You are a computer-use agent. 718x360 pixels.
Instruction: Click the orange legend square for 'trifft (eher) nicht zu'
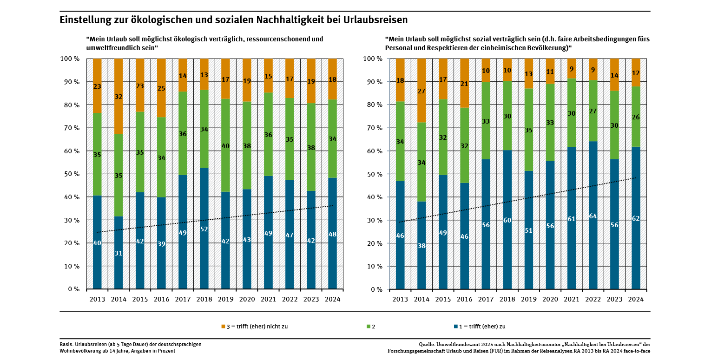point(223,327)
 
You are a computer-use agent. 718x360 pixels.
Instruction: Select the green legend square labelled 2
point(368,327)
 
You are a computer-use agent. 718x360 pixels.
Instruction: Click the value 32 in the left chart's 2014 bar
point(119,97)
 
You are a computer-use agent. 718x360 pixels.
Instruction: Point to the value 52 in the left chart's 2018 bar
point(204,229)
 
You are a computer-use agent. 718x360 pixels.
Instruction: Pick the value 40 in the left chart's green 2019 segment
point(225,146)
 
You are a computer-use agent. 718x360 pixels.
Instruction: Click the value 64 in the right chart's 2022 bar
point(593,216)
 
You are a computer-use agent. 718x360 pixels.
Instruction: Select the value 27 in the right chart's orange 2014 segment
point(422,92)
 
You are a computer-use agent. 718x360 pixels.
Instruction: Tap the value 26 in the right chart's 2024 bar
point(636,117)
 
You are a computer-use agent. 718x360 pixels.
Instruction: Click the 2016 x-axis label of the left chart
point(161,299)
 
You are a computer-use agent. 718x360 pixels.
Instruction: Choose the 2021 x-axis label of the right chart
point(572,299)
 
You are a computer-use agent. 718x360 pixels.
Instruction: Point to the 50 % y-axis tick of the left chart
point(70,174)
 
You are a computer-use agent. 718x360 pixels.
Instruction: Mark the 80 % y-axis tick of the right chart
point(373,105)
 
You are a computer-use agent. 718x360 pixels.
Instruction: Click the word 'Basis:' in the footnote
point(67,344)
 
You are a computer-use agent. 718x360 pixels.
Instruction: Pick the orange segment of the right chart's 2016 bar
point(464,84)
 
